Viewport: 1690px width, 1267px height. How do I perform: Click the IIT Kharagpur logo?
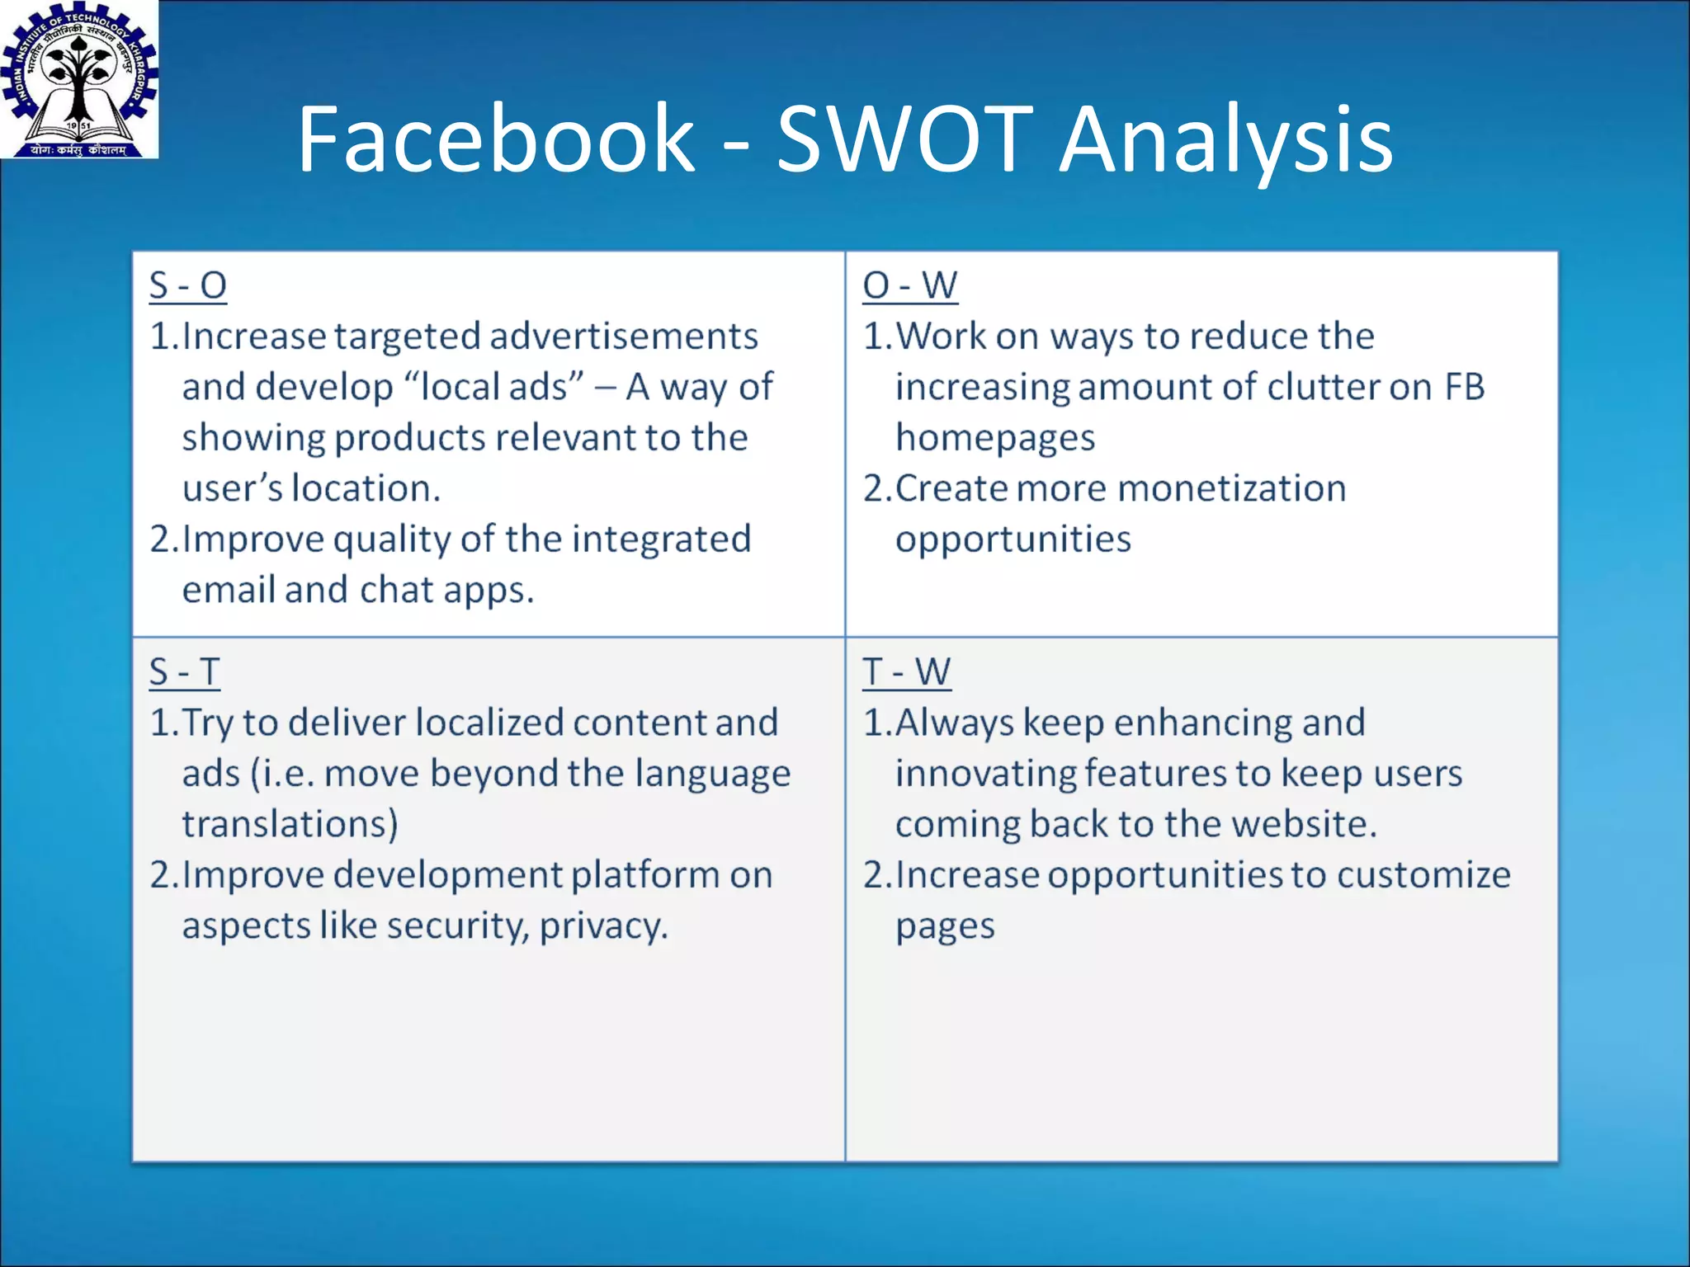coord(79,79)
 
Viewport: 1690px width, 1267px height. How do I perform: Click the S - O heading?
coord(188,285)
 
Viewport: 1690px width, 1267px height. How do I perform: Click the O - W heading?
coord(909,285)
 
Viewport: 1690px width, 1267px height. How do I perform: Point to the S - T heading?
coord(185,672)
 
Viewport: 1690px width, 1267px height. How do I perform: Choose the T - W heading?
coord(906,672)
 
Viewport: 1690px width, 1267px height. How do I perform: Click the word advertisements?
coord(623,337)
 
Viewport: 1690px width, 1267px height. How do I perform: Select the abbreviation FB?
coord(1464,387)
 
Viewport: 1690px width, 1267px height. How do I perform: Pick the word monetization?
coord(1181,488)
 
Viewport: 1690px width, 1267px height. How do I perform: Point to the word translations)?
coord(290,824)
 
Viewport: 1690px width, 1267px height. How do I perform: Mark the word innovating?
coord(985,774)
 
